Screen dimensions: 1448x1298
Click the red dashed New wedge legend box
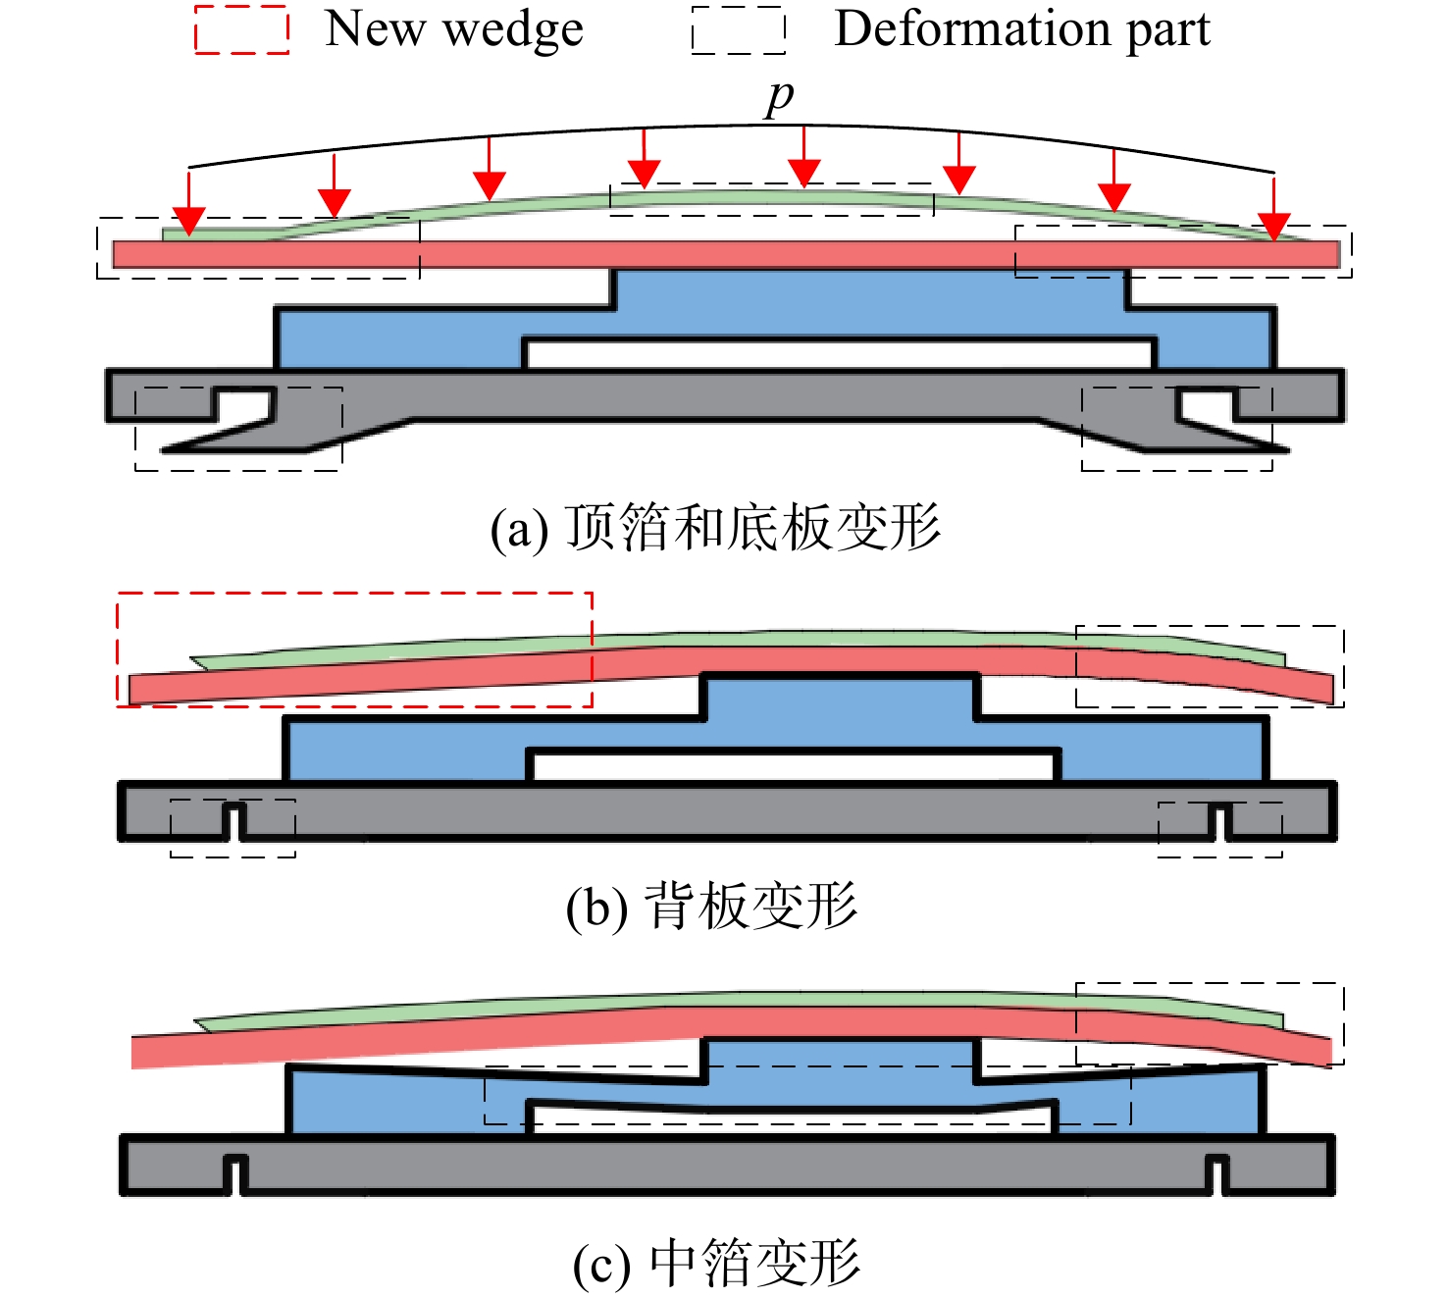(241, 29)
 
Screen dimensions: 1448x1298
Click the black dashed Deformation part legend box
(739, 29)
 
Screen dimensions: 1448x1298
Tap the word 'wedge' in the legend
(514, 30)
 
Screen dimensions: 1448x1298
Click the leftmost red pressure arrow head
(188, 221)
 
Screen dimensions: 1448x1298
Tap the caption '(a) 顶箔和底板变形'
(715, 528)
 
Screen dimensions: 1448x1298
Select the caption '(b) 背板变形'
(711, 907)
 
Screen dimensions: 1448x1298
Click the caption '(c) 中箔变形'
(716, 1263)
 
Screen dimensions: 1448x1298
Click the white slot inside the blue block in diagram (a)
(840, 354)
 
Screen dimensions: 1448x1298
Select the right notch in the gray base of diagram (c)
(1217, 1175)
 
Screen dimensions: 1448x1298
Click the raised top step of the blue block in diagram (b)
(841, 696)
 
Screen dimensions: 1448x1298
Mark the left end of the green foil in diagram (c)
(196, 1022)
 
